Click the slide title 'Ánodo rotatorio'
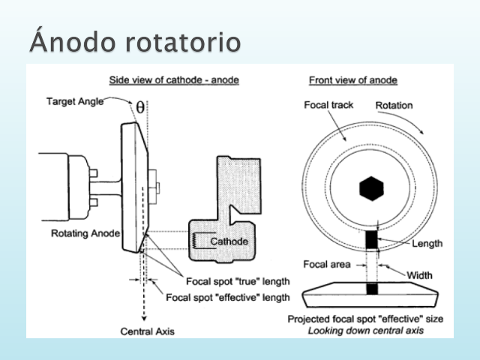click(135, 40)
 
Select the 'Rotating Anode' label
click(85, 233)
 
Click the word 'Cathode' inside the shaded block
click(229, 241)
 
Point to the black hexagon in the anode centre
click(371, 188)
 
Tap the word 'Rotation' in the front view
click(393, 105)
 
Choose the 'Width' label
click(419, 274)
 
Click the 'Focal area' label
click(324, 264)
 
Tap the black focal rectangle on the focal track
click(371, 239)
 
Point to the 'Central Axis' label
click(145, 331)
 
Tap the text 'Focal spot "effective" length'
click(226, 297)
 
